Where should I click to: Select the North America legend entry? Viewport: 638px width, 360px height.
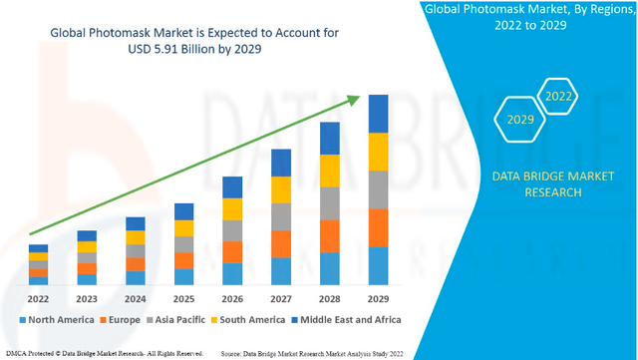tap(60, 320)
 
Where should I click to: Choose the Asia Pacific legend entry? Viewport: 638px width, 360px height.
tap(180, 320)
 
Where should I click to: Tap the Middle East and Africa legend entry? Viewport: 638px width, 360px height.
tap(345, 320)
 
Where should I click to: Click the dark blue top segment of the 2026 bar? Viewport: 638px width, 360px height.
tap(231, 187)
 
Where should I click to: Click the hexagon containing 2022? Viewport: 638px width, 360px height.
tap(556, 98)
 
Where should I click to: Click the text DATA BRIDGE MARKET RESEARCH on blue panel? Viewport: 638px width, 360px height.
tap(539, 184)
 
